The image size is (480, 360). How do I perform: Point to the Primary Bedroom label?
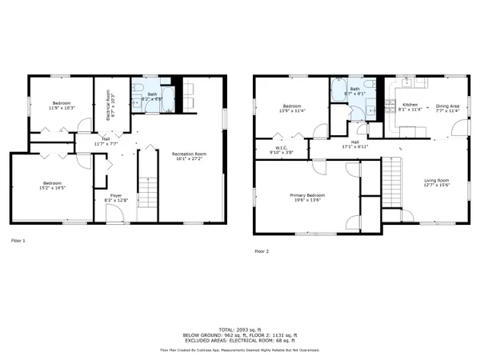tap(306, 195)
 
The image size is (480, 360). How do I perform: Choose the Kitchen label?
tap(410, 106)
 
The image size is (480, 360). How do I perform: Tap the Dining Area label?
tap(447, 106)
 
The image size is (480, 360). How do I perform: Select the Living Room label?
tap(436, 181)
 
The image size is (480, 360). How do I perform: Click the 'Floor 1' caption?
tap(18, 240)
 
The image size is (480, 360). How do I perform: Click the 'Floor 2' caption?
tap(262, 250)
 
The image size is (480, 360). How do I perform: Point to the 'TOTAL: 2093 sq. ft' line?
tap(240, 329)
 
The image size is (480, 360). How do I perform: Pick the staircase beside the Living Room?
tap(391, 181)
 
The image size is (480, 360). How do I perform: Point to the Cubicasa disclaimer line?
tap(240, 350)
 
